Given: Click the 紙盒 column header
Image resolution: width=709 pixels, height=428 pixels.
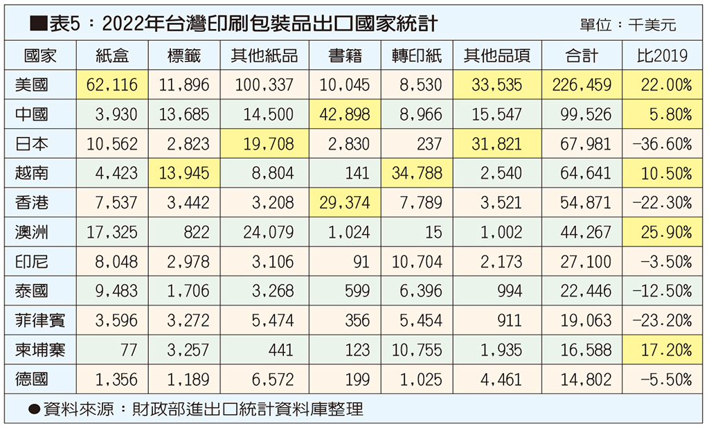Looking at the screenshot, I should (111, 55).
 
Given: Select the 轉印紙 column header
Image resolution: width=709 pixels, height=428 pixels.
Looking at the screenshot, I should (416, 55).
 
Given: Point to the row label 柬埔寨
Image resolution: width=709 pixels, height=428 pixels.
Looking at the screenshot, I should (40, 350).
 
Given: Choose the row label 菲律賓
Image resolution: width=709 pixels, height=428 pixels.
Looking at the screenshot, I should (40, 321).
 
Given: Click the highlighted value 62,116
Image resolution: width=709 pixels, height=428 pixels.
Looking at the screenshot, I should (112, 85).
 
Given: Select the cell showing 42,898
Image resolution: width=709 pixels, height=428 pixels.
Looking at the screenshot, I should (344, 114).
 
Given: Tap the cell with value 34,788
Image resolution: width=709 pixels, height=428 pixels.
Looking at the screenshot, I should (417, 173).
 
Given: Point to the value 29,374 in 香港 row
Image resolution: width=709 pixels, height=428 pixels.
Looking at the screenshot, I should (344, 203).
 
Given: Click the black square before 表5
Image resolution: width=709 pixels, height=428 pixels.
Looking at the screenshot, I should (37, 25).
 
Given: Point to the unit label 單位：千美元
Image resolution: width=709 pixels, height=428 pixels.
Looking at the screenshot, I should (629, 26).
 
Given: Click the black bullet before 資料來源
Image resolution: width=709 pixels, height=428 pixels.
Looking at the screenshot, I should (33, 409).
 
